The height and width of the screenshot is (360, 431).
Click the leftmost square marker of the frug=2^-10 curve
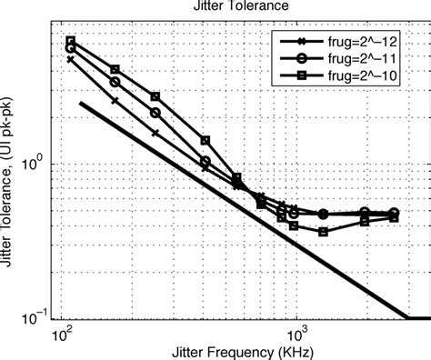pyautogui.click(x=70, y=41)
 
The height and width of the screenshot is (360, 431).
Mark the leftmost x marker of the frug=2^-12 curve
pyautogui.click(x=70, y=59)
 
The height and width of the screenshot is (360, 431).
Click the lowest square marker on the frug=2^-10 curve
pyautogui.click(x=323, y=232)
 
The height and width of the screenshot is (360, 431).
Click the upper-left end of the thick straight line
pyautogui.click(x=82, y=103)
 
